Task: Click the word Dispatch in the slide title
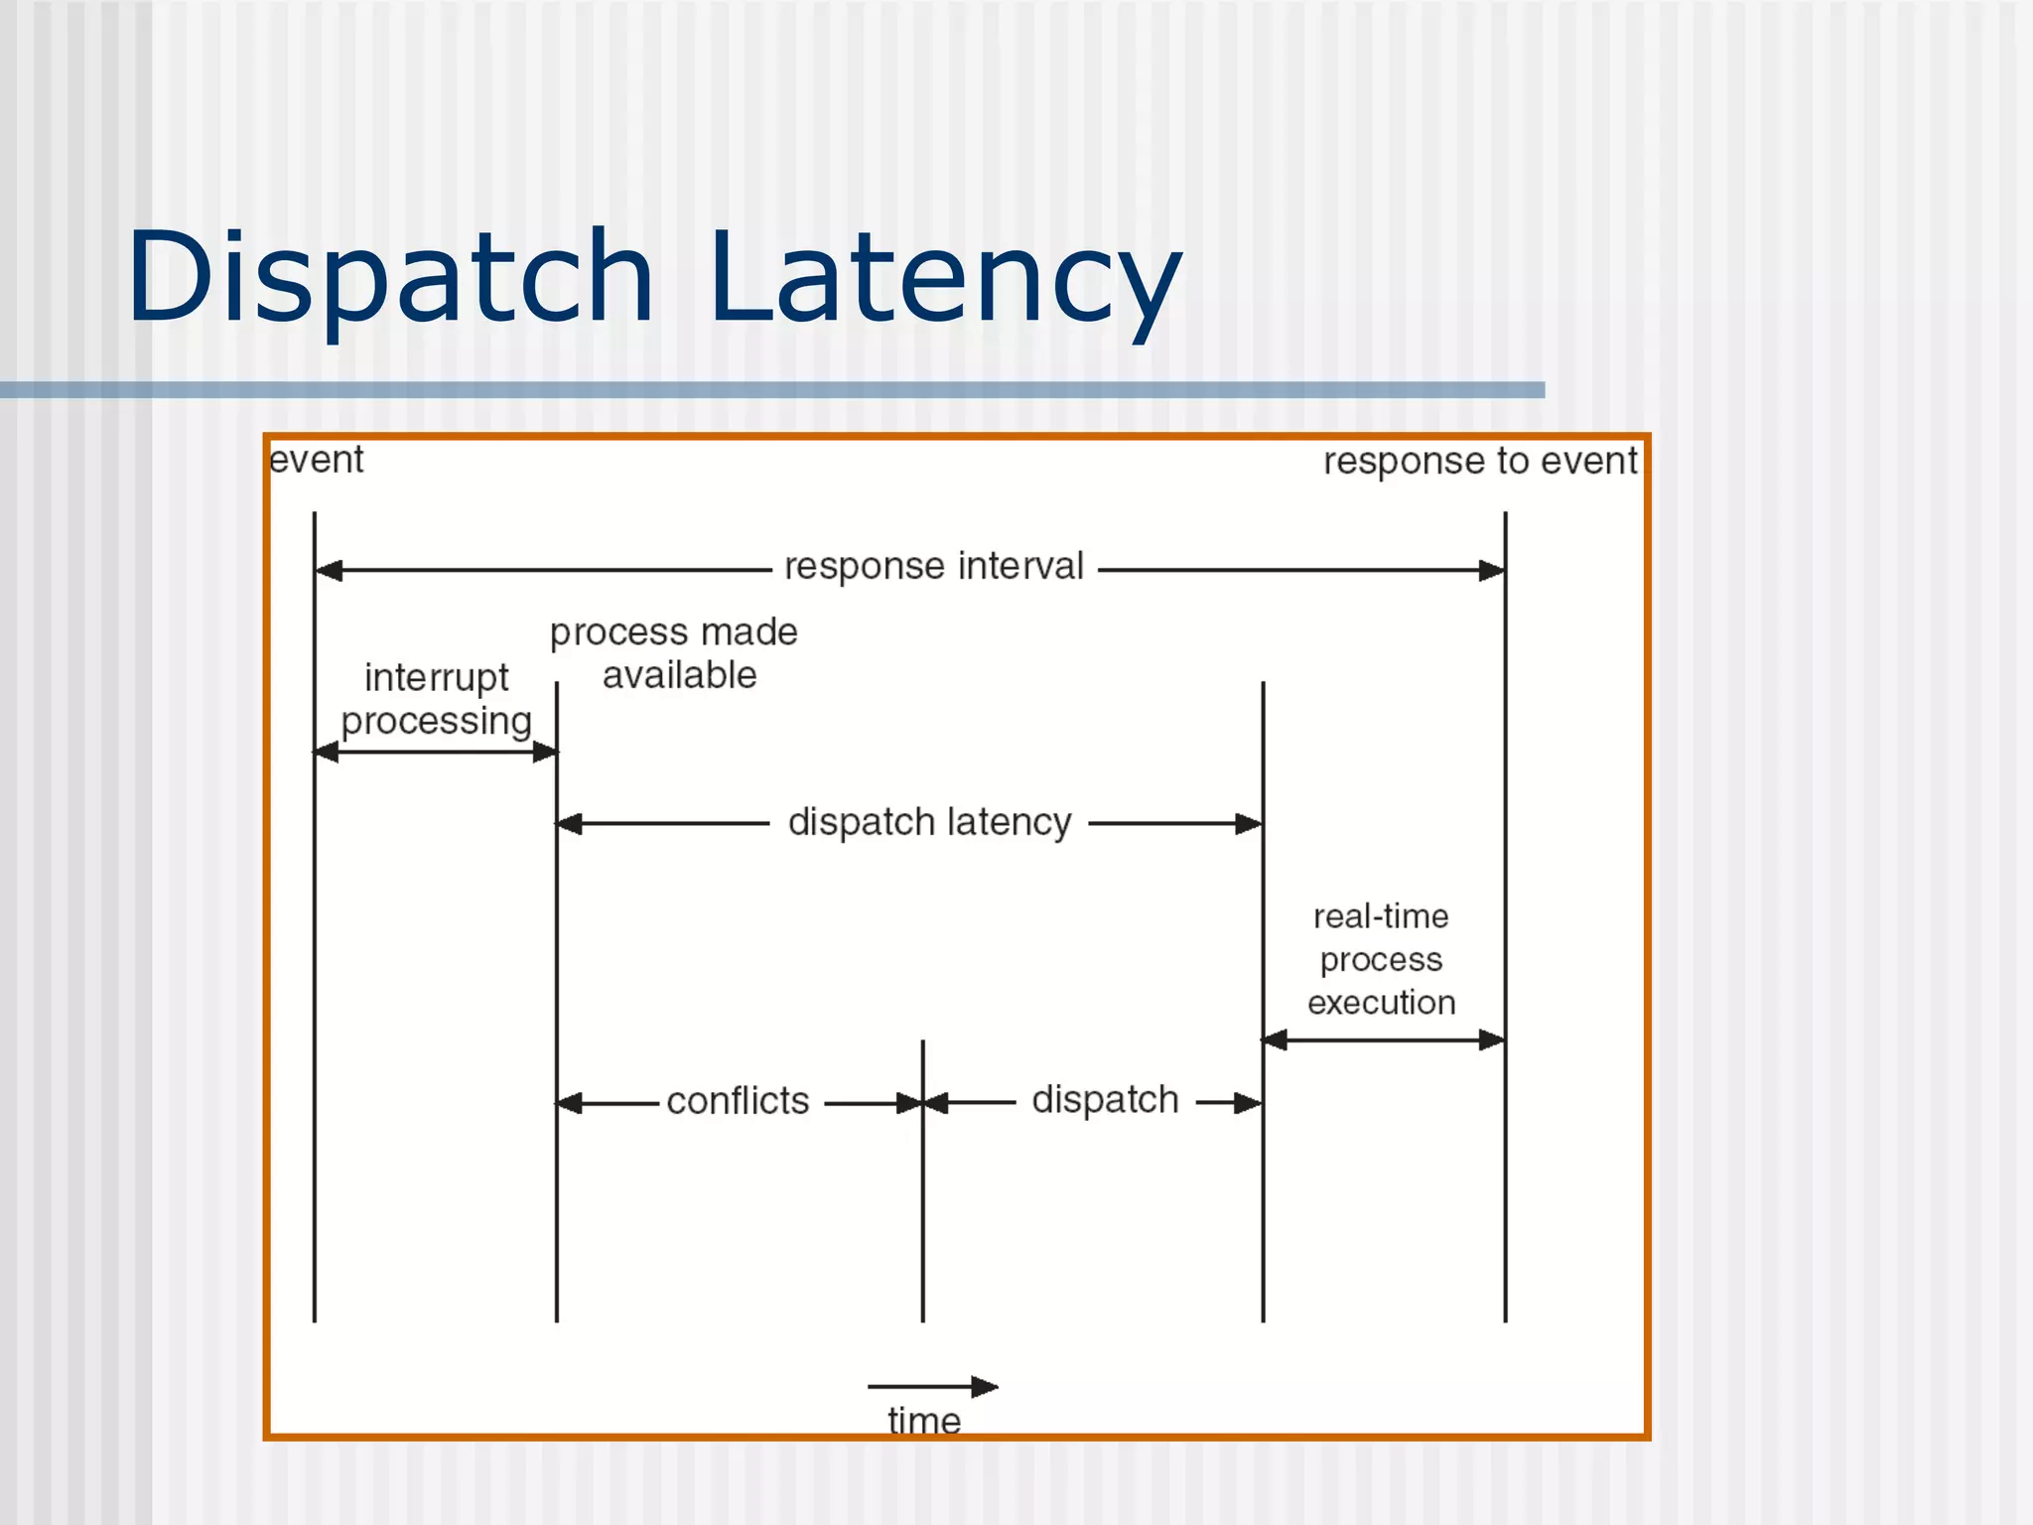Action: coord(389,278)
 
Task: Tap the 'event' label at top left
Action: coord(317,460)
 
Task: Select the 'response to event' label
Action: coord(1479,462)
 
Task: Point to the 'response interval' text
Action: coord(933,567)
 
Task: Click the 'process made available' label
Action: coord(675,653)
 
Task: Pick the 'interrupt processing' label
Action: coord(437,699)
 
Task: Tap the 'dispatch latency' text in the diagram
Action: coord(929,823)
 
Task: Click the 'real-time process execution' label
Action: coord(1381,959)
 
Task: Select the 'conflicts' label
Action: coord(738,1102)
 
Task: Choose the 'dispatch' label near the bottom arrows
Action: coord(1105,1100)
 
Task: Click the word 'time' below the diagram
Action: coord(923,1421)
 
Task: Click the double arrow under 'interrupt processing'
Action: coord(436,753)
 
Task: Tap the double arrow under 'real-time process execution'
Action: coord(1383,1040)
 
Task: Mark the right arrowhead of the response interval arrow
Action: coord(1491,571)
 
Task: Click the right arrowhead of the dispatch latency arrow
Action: coord(1248,824)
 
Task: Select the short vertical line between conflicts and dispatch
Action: coord(922,1191)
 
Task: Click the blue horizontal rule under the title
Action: coord(772,390)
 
